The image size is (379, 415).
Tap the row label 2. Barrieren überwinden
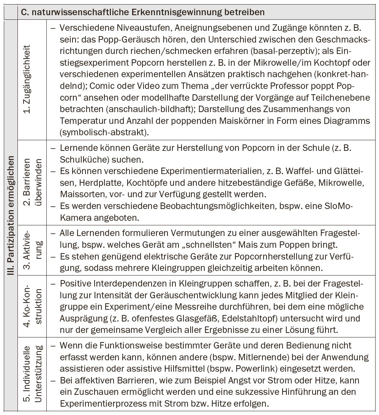pos(32,183)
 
